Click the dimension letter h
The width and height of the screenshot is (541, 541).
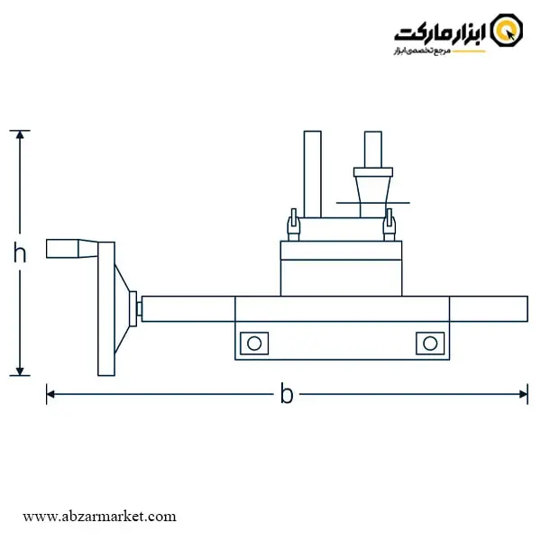tap(20, 252)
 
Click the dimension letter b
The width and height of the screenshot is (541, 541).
tap(287, 393)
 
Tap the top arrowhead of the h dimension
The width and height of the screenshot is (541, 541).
tap(20, 134)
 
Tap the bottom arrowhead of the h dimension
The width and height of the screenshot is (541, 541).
tap(20, 371)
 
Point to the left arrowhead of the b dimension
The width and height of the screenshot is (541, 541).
tap(50, 394)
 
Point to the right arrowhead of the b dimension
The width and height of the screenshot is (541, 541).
tap(524, 394)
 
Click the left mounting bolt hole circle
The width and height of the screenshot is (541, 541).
tap(254, 344)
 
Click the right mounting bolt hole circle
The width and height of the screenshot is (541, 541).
tap(430, 344)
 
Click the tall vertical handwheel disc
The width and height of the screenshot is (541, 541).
tap(106, 308)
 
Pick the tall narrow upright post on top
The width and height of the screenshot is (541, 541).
tap(313, 174)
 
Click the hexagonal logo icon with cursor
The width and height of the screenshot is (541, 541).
tap(507, 30)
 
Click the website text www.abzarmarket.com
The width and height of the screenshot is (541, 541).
tap(99, 517)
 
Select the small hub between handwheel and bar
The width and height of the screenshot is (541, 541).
tap(133, 308)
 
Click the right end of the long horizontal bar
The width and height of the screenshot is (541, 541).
tap(527, 308)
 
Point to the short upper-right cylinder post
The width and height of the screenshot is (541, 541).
tap(373, 150)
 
